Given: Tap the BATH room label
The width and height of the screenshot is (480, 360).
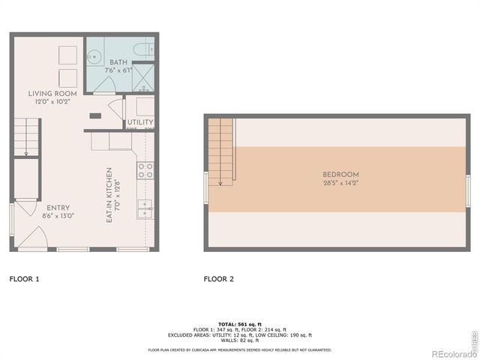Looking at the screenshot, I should click(x=118, y=62).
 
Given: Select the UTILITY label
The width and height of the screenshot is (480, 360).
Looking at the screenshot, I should click(x=140, y=122).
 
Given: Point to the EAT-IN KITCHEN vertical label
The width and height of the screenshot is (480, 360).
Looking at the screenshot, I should click(x=109, y=194).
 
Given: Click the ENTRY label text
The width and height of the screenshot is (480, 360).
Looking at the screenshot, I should click(x=58, y=208).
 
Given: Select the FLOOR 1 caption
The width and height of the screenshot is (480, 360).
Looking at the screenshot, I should click(x=24, y=279).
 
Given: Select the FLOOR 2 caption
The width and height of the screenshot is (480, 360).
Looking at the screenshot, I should click(x=219, y=279).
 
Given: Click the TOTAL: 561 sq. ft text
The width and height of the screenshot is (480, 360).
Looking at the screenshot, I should click(x=239, y=324).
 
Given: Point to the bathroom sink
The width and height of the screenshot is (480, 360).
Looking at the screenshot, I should click(x=94, y=55).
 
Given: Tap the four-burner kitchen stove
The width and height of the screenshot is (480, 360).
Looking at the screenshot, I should click(x=145, y=171).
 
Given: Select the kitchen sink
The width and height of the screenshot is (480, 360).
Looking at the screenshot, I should click(x=145, y=208).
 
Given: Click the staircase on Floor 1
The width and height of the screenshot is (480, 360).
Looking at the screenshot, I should click(x=25, y=140).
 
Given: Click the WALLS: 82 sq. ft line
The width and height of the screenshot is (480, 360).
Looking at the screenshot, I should click(x=239, y=341).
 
